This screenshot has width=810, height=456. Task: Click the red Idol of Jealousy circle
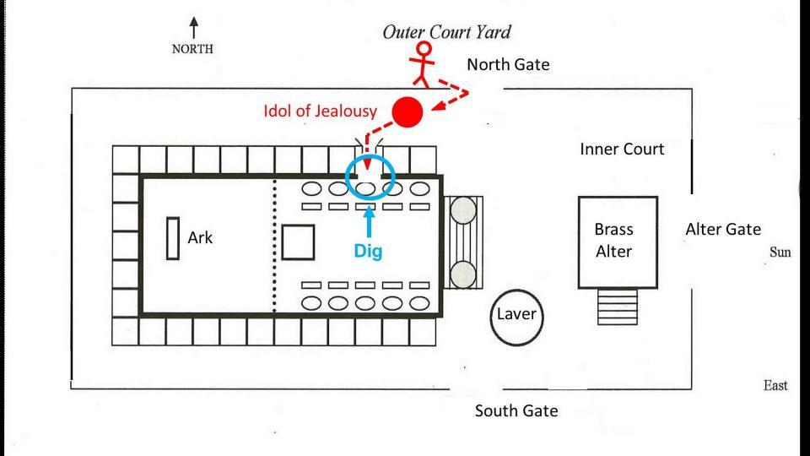(x=408, y=111)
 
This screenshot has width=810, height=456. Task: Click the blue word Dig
(x=368, y=251)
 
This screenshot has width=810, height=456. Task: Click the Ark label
(x=200, y=237)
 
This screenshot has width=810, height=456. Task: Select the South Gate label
(x=516, y=411)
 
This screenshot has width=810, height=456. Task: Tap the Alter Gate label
(x=723, y=229)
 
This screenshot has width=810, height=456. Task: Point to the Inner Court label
(x=622, y=149)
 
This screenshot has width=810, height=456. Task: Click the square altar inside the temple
(x=297, y=242)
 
